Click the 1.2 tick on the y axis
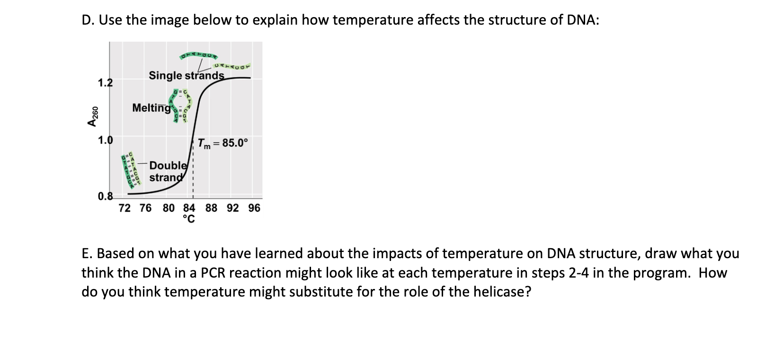coord(105,83)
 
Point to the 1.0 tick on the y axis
coord(105,140)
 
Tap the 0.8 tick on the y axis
coord(105,196)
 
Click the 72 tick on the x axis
coord(125,208)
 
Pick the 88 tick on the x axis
coord(212,208)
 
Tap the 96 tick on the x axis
coord(254,208)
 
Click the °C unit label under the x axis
coord(189,219)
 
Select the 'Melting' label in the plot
coord(151,108)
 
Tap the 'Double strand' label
coord(168,171)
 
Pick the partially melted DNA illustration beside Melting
coord(180,106)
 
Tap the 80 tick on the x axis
coord(169,208)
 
